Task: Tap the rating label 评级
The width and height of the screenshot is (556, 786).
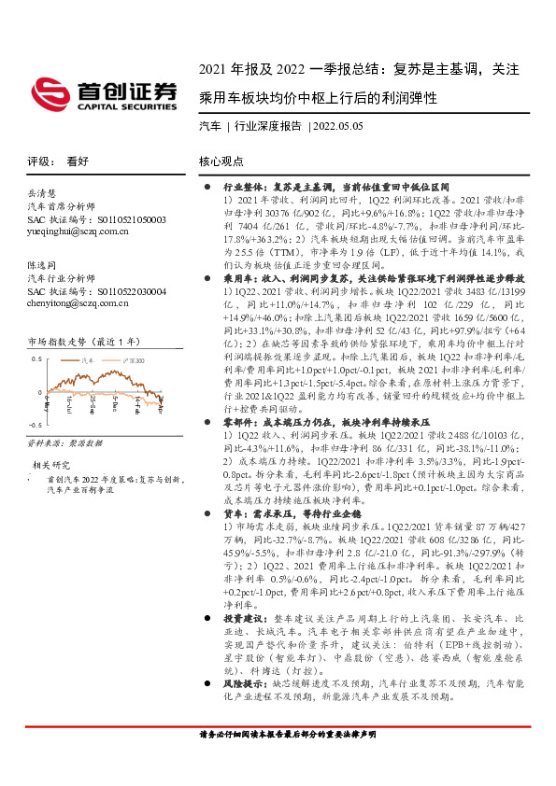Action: point(39,161)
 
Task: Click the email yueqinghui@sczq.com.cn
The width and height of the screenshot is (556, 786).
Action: point(78,231)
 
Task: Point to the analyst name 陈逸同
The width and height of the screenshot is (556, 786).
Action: point(45,265)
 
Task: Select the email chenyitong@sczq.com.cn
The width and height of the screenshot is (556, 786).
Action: point(80,303)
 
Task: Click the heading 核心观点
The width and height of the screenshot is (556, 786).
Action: point(221,161)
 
